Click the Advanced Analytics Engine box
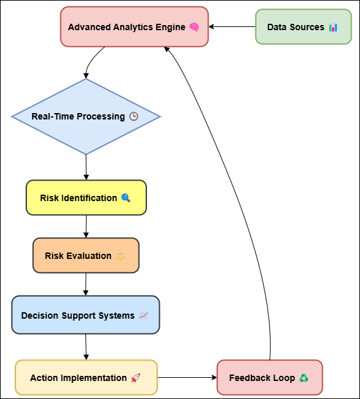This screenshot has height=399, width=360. click(134, 27)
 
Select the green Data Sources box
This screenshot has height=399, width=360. click(304, 27)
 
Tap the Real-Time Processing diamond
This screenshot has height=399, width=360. click(86, 116)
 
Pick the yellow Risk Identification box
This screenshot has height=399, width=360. click(86, 198)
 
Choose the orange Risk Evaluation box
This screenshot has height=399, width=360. click(86, 256)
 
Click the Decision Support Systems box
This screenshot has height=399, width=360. click(85, 315)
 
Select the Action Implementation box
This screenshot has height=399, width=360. click(86, 378)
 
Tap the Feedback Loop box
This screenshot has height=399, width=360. click(270, 378)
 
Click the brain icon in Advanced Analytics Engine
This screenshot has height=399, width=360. click(194, 27)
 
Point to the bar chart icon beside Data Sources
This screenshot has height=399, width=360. click(333, 27)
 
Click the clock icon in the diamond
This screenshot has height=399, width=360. click(133, 116)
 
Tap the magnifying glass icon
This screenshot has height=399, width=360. click(126, 198)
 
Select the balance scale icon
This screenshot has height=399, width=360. click(120, 256)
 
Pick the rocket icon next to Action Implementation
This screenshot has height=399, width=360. click(135, 378)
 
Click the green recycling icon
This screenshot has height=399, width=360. click(304, 378)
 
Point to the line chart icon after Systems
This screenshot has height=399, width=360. click(144, 315)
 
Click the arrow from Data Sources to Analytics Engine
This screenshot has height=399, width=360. click(232, 27)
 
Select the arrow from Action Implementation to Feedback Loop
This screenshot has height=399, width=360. click(187, 377)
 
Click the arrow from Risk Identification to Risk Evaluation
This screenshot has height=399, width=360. click(86, 226)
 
